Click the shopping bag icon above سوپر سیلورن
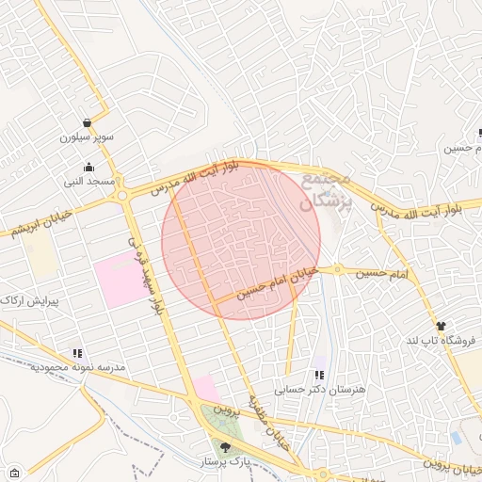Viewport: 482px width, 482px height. point(87,122)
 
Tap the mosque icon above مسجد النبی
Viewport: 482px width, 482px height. point(88,167)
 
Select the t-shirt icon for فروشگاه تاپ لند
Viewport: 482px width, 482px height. point(441,326)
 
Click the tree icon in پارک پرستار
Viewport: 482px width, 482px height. point(224,447)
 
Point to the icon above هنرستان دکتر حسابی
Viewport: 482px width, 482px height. point(318,375)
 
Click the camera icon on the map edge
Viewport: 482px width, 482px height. point(13,472)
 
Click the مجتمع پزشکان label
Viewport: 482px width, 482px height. point(326,189)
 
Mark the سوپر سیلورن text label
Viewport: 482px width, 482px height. point(87,137)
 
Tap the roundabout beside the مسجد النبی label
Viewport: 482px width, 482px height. point(122,196)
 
